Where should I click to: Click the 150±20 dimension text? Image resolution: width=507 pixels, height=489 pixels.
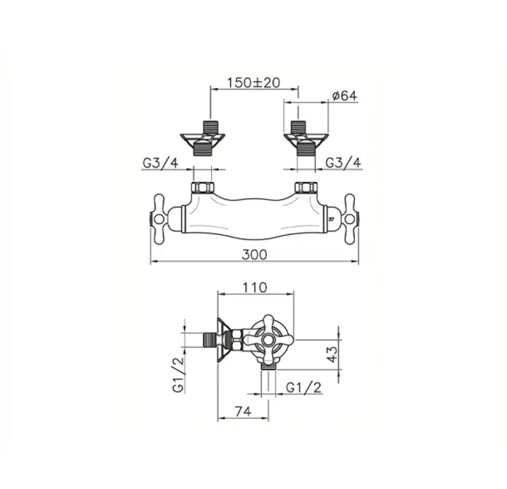pyautogui.click(x=254, y=82)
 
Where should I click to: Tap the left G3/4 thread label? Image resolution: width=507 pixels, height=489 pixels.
pyautogui.click(x=160, y=163)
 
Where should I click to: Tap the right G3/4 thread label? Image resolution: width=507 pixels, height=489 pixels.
pyautogui.click(x=343, y=163)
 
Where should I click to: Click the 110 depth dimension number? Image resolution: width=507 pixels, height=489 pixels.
pyautogui.click(x=255, y=287)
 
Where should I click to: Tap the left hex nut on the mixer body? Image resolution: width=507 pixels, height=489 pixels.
pyautogui.click(x=203, y=188)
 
